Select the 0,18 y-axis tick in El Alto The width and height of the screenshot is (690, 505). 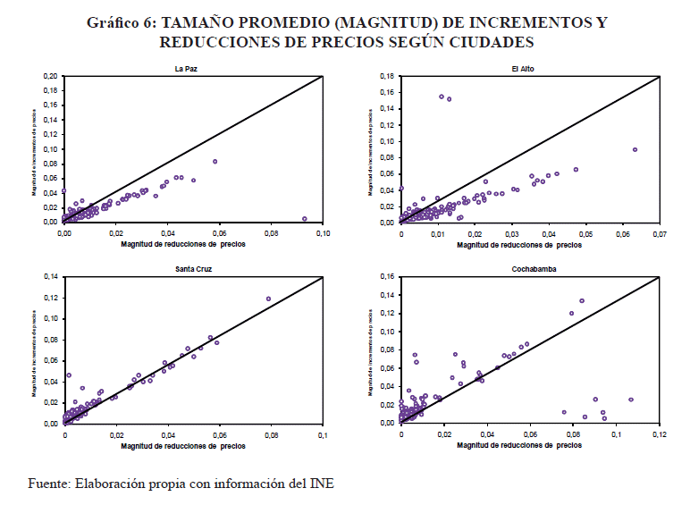pyautogui.click(x=386, y=77)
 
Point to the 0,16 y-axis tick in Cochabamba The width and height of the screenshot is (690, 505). pyautogui.click(x=386, y=276)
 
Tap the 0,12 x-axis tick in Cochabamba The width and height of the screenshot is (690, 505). pyautogui.click(x=660, y=435)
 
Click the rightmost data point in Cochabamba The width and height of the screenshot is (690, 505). pyautogui.click(x=631, y=400)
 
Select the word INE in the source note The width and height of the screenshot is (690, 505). pyautogui.click(x=319, y=484)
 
